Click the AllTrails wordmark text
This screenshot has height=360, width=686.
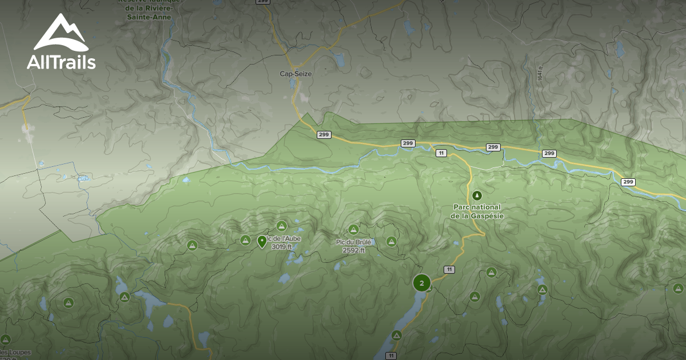(61, 62)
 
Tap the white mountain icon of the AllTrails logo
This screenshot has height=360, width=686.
(60, 33)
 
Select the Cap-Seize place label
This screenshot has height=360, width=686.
(296, 74)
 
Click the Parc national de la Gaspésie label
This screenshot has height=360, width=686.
(476, 211)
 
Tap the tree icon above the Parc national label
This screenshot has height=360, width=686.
(477, 195)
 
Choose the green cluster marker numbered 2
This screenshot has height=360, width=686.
(422, 283)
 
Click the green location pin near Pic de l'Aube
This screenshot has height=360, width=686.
(262, 242)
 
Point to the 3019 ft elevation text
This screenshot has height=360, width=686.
(282, 247)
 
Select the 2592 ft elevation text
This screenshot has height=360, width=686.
(354, 250)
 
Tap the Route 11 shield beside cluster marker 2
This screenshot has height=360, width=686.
(449, 269)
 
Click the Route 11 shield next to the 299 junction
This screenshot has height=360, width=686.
(441, 153)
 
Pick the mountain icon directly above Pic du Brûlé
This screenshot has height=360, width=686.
(353, 230)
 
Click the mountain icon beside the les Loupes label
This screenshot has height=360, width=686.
(6, 339)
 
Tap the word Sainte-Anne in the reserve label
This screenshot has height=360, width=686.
(150, 17)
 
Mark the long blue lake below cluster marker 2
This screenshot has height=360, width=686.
(400, 331)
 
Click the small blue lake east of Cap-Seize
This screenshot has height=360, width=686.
(338, 60)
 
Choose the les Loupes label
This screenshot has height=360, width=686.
(15, 352)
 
